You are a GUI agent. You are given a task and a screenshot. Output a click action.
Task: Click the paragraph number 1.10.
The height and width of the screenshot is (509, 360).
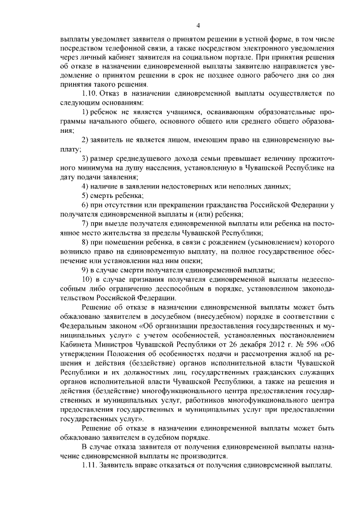91,93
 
